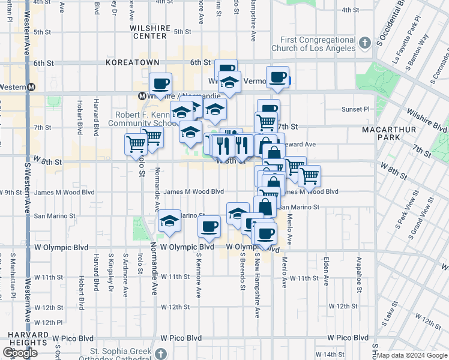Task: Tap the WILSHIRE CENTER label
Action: tap(149, 32)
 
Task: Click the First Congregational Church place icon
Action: tap(365, 43)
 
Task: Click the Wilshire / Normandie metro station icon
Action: tap(143, 95)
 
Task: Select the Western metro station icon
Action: tap(31, 87)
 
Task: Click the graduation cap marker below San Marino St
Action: tap(170, 221)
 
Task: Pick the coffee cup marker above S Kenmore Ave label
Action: tap(209, 226)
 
